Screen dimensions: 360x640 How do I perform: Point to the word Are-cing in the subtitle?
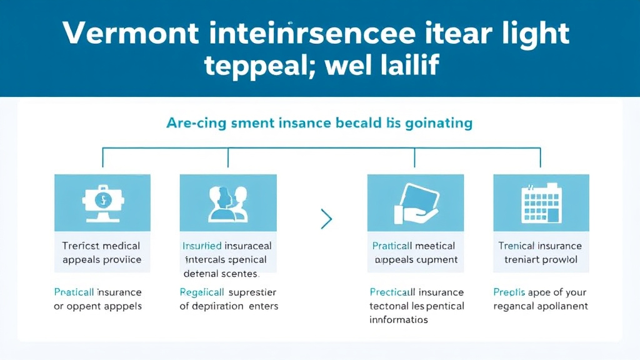point(192,122)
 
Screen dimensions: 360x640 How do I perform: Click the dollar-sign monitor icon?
point(102,203)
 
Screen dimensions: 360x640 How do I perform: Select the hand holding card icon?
point(415,203)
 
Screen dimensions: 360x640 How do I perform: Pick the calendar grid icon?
point(540,201)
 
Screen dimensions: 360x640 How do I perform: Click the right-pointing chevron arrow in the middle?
point(326,219)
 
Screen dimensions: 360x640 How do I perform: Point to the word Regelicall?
point(202,292)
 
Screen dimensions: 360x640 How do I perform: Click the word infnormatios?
point(399,319)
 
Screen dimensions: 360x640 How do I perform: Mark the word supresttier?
point(252,292)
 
